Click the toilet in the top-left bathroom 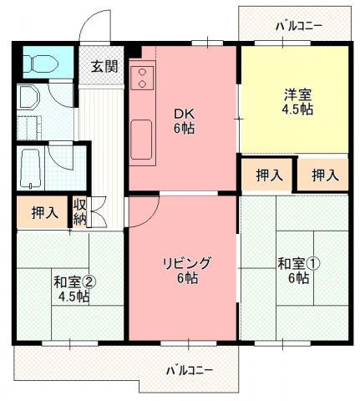pos(39,63)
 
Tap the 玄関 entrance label pos(104,67)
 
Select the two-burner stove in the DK pos(141,78)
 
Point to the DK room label pos(184,114)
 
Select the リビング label pos(186,263)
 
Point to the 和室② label pos(74,280)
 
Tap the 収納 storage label pos(80,212)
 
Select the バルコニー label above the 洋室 pos(299,25)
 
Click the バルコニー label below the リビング pos(189,368)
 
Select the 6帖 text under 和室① pos(297,278)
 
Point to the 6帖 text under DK pos(184,129)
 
